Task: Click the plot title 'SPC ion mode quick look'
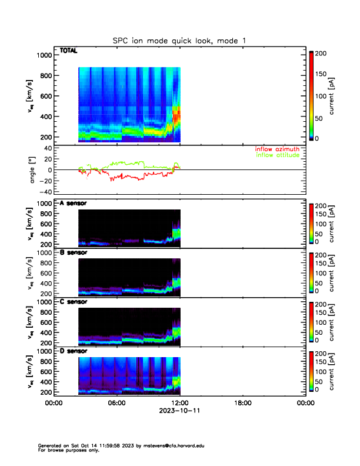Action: pos(179,40)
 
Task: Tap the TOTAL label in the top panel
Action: pos(68,51)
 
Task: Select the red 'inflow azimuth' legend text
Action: pos(278,149)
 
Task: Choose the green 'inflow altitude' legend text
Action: pos(278,155)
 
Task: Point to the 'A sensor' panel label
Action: pos(73,203)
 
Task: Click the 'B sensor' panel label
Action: pos(73,252)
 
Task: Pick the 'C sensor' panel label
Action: pos(73,302)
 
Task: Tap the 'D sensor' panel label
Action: pos(73,351)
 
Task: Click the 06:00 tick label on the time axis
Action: pos(116,403)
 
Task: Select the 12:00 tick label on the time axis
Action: pos(179,403)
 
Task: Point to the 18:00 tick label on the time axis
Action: pos(242,403)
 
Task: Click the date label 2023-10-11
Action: pos(179,411)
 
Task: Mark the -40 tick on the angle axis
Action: pos(44,192)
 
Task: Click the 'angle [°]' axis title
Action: pos(35,169)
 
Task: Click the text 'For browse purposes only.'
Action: pos(65,450)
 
